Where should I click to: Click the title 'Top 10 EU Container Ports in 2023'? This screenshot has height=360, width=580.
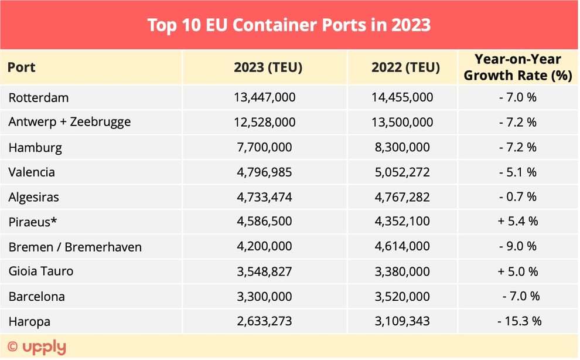click(289, 25)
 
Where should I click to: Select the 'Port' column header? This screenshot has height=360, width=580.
click(22, 67)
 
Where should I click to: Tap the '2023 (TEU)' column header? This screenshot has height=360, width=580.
click(268, 67)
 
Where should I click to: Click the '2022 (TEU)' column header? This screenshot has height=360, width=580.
click(405, 67)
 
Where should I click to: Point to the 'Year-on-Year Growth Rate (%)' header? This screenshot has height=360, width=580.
click(518, 67)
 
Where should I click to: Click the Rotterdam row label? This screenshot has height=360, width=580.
click(39, 97)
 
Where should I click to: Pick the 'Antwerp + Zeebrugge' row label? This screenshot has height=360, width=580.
click(70, 122)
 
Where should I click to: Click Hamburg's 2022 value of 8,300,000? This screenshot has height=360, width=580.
click(402, 147)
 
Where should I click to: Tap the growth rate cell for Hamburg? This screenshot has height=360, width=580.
click(518, 147)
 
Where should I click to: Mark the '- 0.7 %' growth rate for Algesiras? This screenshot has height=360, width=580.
click(518, 197)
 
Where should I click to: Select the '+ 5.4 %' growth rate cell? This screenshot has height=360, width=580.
click(518, 222)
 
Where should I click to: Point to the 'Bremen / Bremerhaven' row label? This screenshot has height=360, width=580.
click(75, 247)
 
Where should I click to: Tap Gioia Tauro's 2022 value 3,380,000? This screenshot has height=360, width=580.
click(402, 271)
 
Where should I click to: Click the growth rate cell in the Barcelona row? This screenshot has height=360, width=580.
click(520, 297)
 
